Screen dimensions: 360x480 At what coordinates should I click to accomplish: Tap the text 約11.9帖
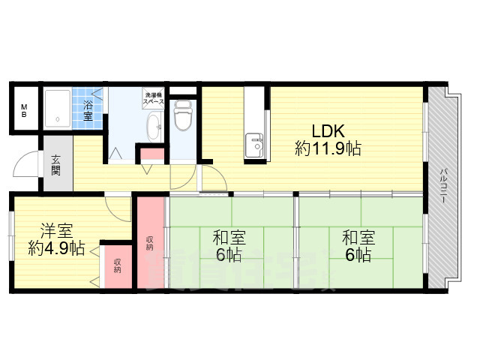coord(328,148)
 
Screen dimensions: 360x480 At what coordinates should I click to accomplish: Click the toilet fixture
coord(183,116)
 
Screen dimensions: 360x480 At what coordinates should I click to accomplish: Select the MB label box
coord(24,111)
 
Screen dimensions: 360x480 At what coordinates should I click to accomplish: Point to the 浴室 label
coord(88,110)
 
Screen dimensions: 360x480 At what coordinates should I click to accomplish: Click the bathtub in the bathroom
coord(57,110)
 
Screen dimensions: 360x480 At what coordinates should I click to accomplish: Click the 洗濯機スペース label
coord(154,97)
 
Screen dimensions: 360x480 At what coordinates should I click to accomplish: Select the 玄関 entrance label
coord(57,164)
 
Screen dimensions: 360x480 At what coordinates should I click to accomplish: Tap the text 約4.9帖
coord(56,248)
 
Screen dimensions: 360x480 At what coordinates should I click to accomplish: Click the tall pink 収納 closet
coord(150,241)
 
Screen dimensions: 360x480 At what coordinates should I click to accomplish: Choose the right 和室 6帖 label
coord(357,246)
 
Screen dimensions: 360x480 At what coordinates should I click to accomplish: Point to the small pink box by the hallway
coord(153,156)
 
